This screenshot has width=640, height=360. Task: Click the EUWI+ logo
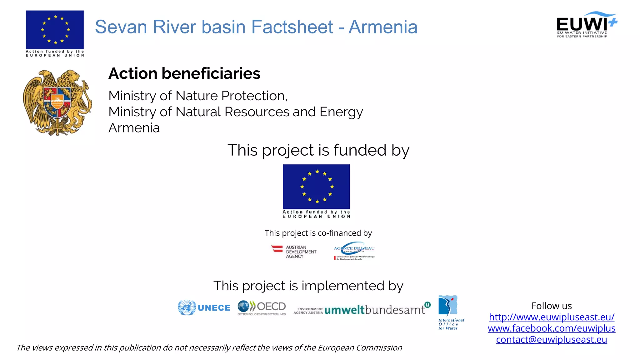(586, 25)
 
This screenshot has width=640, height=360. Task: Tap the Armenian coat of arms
(57, 102)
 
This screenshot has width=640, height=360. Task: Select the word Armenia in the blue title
(383, 27)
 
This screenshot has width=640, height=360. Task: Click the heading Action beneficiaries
(184, 74)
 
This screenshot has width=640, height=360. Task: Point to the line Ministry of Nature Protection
(197, 96)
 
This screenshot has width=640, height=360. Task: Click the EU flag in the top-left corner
(55, 30)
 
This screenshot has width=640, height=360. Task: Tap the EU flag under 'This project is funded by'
(316, 187)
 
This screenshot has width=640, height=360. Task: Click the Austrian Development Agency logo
(294, 252)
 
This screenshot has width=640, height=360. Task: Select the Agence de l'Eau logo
(354, 251)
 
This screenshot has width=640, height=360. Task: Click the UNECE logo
(204, 308)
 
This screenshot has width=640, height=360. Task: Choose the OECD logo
(262, 308)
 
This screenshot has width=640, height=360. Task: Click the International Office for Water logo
(450, 312)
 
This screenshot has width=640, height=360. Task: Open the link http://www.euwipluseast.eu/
(552, 317)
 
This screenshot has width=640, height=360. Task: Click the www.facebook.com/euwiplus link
(552, 328)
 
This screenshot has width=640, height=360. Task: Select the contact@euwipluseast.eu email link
(552, 340)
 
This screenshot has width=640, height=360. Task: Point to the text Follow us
(552, 306)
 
